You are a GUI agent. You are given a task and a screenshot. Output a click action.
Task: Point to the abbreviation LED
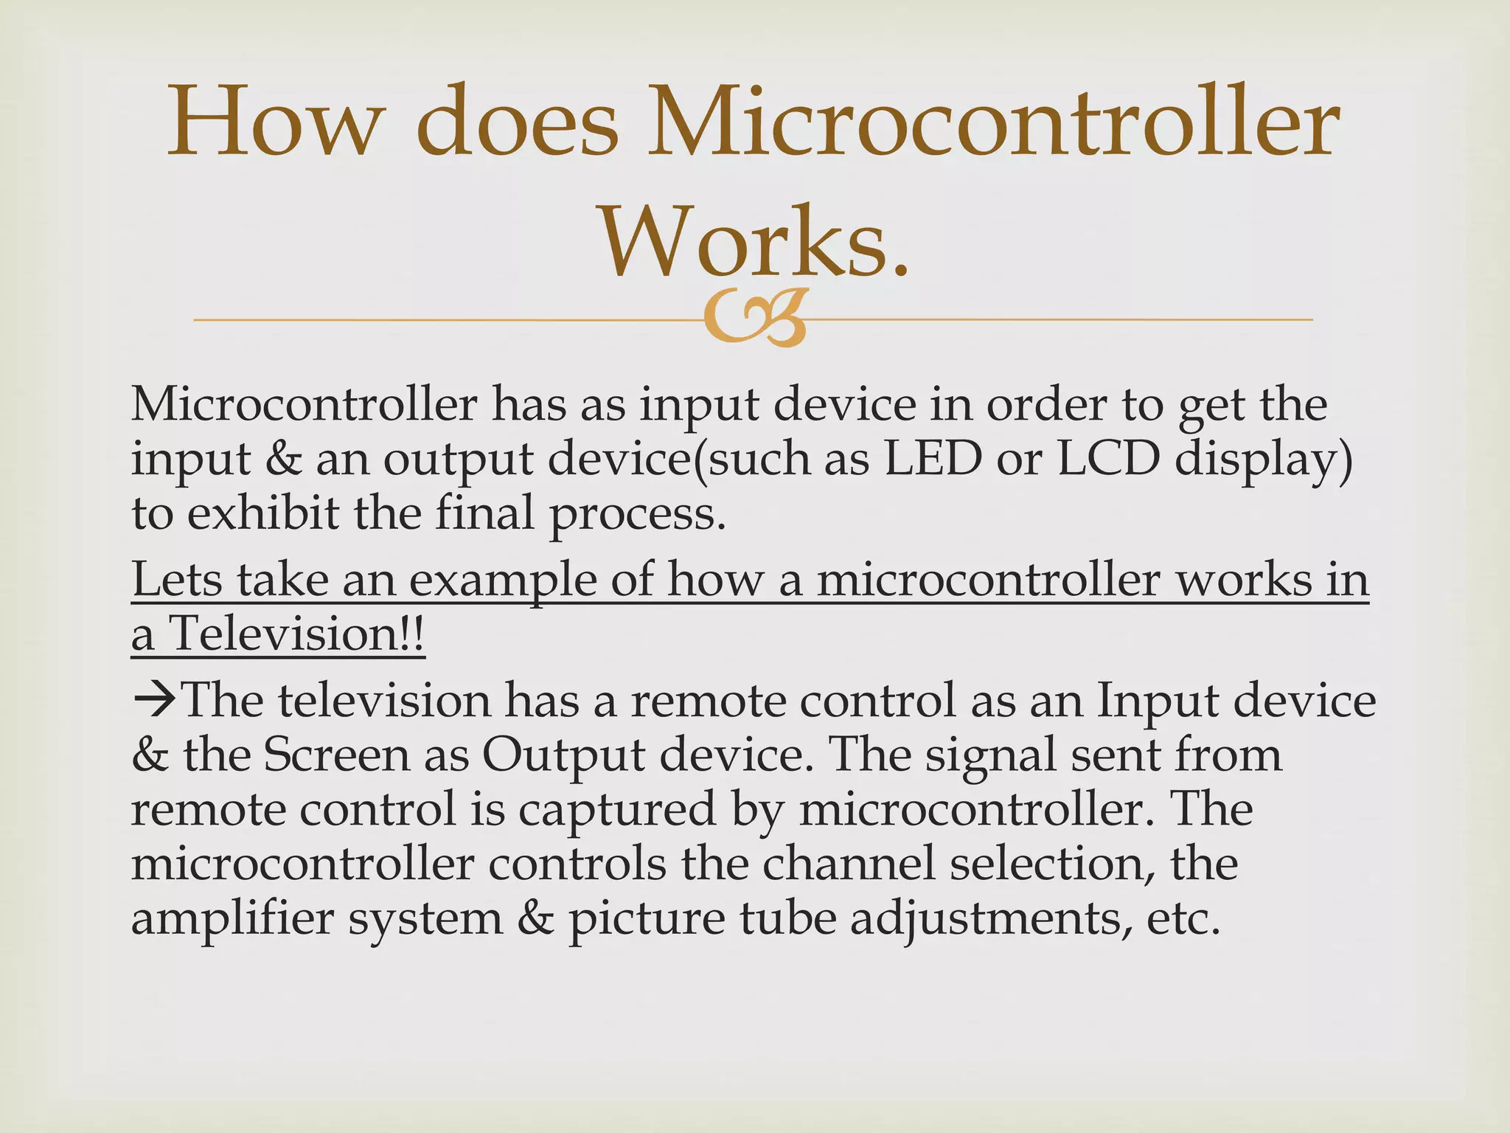[933, 459]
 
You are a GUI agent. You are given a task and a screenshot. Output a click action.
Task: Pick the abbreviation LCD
[1107, 459]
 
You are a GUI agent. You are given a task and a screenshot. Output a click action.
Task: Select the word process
[639, 515]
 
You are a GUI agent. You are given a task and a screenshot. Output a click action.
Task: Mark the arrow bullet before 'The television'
[154, 700]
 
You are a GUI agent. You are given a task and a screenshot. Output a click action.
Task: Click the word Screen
[336, 755]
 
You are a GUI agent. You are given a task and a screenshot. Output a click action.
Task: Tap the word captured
[617, 810]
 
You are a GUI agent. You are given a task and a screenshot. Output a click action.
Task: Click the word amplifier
[232, 919]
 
